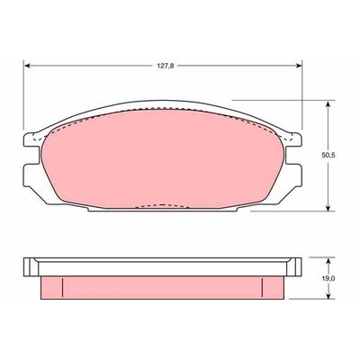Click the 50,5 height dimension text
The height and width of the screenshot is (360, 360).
[x=340, y=154]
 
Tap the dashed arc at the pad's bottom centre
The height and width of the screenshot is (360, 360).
[x=161, y=207]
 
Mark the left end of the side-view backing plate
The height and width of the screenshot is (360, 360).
[x=28, y=265]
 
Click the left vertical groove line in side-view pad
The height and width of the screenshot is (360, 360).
[x=61, y=286]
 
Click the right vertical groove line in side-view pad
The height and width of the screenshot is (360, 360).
[x=262, y=286]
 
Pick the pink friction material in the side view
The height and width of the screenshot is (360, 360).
[x=162, y=286]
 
